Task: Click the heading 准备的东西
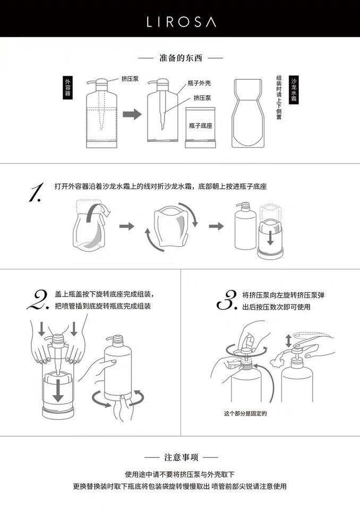pyautogui.click(x=180, y=57)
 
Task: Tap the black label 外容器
pyautogui.click(x=67, y=87)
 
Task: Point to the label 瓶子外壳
pyautogui.click(x=199, y=84)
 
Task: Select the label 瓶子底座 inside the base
pyautogui.click(x=201, y=126)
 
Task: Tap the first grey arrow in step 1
pyautogui.click(x=126, y=226)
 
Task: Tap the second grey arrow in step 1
pyautogui.click(x=216, y=226)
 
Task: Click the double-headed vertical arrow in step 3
pyautogui.click(x=288, y=340)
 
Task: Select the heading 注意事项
pyautogui.click(x=181, y=457)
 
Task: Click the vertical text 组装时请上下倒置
pyautogui.click(x=279, y=97)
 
